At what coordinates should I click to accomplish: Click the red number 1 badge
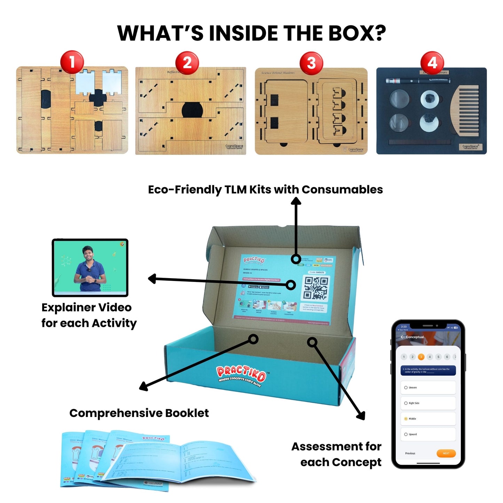(72, 62)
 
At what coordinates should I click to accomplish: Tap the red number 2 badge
(187, 63)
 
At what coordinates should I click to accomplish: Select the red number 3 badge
(311, 63)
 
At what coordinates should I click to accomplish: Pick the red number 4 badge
(432, 63)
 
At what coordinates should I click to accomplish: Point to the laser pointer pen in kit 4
(417, 81)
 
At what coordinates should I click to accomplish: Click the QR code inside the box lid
(316, 288)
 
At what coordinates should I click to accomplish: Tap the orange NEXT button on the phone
(446, 453)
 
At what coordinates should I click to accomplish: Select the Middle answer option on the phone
(428, 419)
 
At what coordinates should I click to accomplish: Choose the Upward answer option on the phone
(428, 434)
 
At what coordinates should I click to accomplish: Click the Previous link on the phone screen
(410, 453)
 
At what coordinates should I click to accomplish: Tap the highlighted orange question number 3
(421, 357)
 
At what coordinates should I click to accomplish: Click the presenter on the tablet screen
(90, 268)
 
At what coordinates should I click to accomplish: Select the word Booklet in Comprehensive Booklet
(187, 413)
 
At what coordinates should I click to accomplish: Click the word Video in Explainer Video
(115, 308)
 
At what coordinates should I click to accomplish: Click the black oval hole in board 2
(192, 110)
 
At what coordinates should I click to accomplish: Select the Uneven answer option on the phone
(428, 387)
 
